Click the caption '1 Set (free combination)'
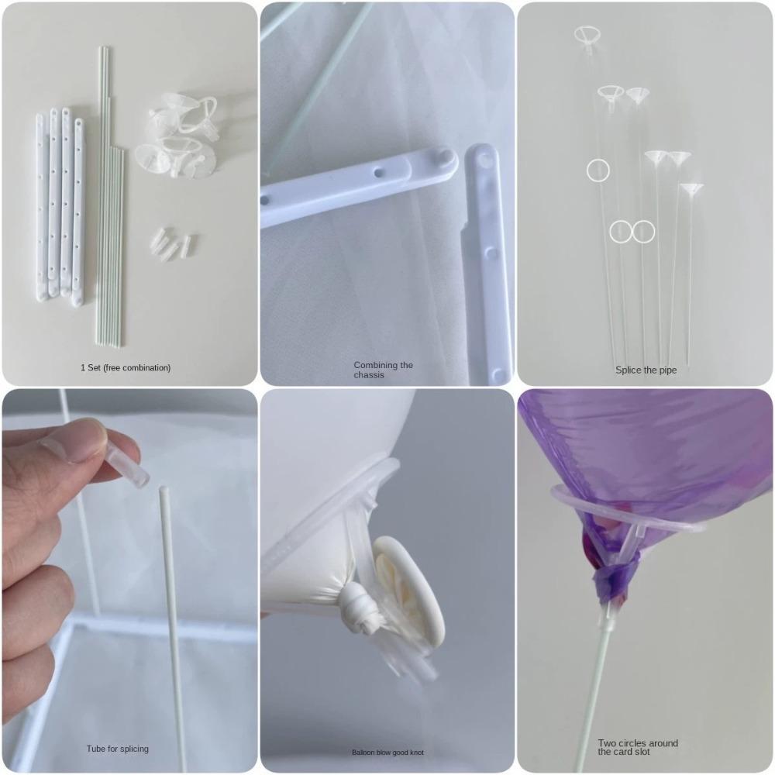[x=126, y=367]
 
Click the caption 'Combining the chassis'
[x=383, y=370]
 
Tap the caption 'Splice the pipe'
[x=646, y=370]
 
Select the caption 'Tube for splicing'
[x=117, y=749]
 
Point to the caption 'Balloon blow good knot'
[x=387, y=753]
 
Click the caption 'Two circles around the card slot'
[x=637, y=747]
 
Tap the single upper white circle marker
[x=598, y=170]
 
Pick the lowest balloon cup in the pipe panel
[x=691, y=188]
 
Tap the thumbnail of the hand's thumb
[x=77, y=439]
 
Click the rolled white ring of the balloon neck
[x=407, y=589]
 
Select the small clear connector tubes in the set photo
[x=173, y=244]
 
